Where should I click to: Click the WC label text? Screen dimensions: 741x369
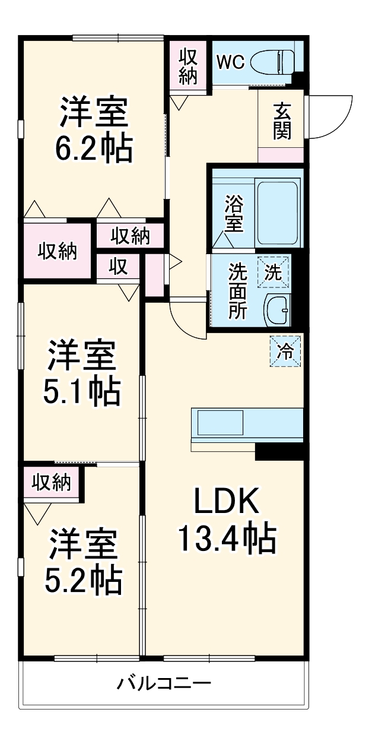(230, 62)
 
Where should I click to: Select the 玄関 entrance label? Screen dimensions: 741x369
(282, 122)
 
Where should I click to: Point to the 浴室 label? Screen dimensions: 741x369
(233, 214)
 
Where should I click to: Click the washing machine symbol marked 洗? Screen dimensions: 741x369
(273, 273)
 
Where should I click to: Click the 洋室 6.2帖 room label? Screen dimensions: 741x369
(94, 132)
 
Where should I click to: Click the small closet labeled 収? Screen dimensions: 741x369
(119, 267)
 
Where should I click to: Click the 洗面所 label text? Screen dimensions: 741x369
(238, 291)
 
